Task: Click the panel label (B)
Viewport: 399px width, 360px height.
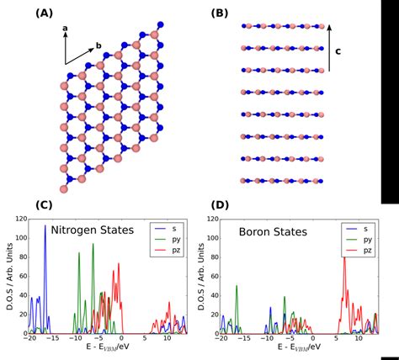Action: coord(221,13)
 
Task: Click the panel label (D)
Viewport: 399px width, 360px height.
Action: coord(221,205)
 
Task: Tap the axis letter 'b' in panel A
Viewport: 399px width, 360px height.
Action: coord(98,45)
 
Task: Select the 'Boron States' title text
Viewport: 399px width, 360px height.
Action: coord(274,229)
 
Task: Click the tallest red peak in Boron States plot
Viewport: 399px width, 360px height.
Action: coord(343,259)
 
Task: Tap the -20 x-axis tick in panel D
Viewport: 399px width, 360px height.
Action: coord(221,338)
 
